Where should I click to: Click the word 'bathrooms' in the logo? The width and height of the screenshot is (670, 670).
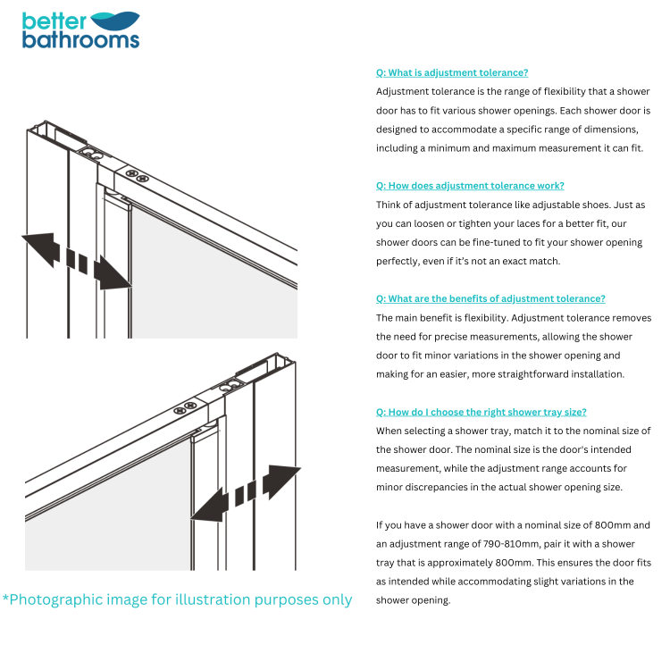[x=80, y=39]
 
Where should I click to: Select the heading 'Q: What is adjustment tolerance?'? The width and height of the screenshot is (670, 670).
[x=451, y=72]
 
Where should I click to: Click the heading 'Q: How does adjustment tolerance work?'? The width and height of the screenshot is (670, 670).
[x=470, y=186]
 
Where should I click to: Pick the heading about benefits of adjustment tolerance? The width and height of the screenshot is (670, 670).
[x=490, y=298]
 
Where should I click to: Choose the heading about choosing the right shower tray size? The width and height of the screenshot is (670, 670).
[x=482, y=412]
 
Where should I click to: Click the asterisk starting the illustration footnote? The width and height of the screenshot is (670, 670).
[x=6, y=598]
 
